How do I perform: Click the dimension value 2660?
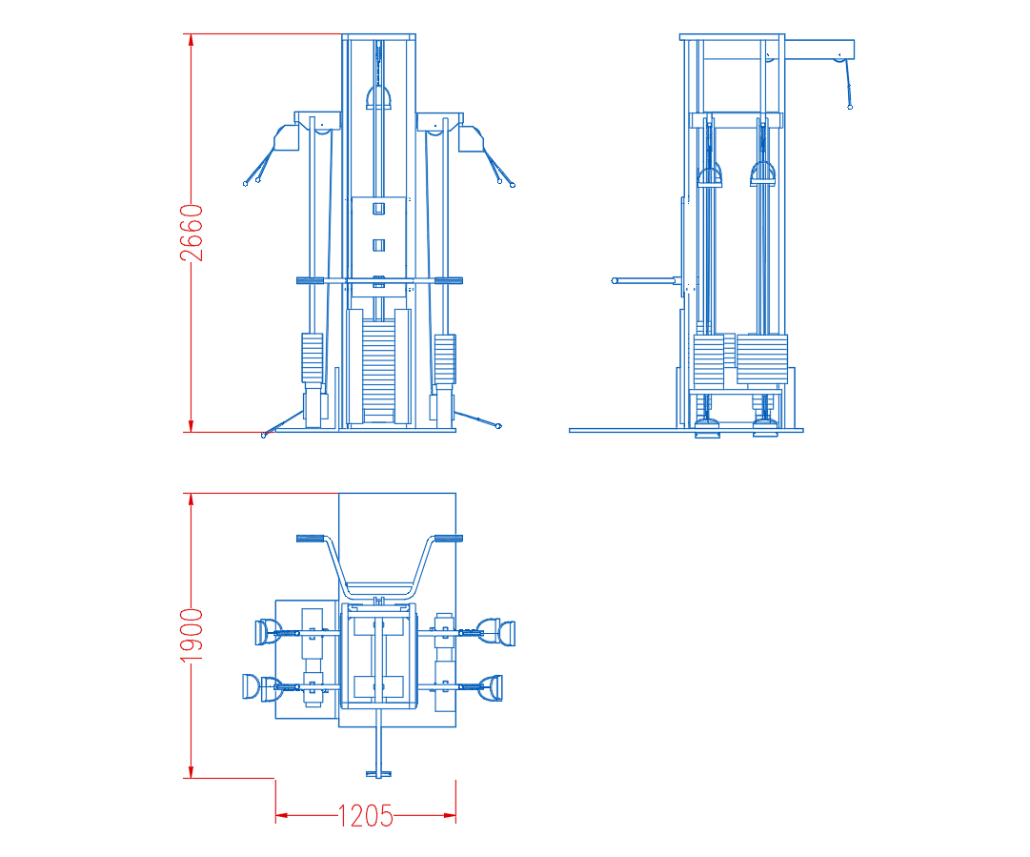click(192, 233)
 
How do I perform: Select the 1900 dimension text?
click(192, 635)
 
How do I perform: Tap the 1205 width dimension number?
click(365, 816)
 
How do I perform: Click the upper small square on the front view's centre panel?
click(379, 209)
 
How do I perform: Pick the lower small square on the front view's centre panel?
click(379, 245)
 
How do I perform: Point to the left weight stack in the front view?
click(312, 358)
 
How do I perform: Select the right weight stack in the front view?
click(445, 358)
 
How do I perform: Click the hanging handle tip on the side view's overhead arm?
click(850, 107)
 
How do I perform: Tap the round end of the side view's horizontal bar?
click(615, 280)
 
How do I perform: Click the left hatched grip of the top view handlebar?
click(311, 539)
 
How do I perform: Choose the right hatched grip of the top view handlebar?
click(449, 539)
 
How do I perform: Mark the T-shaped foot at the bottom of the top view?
click(378, 774)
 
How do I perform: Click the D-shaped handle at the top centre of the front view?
click(379, 97)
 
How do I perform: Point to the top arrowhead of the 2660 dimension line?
click(192, 39)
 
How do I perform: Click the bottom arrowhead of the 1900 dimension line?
click(192, 772)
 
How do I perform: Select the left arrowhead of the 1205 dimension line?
click(282, 816)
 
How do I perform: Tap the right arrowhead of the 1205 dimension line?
click(450, 816)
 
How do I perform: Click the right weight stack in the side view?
click(762, 358)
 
